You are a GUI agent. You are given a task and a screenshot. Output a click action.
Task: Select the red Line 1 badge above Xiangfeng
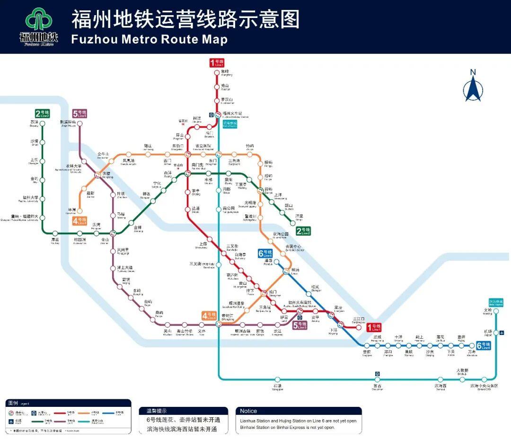[216, 62]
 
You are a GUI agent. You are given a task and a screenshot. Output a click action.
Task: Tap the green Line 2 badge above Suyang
[42, 114]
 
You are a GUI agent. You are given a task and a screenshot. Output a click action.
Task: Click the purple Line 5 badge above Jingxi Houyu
[79, 114]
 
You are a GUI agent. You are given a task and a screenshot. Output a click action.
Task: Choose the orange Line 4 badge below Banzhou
[79, 220]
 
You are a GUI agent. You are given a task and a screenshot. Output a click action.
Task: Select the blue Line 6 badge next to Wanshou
[483, 345]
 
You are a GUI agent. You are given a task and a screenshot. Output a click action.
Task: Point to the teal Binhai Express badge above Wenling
[495, 302]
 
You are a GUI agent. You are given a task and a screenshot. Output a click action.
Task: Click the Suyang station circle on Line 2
[42, 123]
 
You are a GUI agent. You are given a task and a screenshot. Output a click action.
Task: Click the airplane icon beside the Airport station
[502, 332]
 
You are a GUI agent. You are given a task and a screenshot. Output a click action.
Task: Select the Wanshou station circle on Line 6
[472, 346]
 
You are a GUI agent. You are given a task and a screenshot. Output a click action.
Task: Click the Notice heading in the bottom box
[248, 411]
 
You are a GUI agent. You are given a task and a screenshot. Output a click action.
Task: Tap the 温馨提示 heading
[156, 411]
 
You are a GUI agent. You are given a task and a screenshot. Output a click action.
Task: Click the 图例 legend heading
[13, 403]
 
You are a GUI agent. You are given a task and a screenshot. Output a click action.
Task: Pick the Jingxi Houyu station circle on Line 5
[79, 124]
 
